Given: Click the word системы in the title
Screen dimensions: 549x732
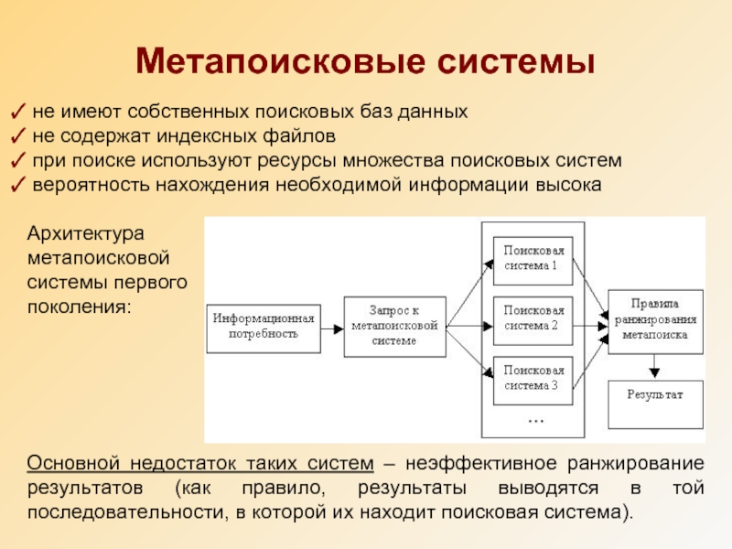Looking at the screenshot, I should point(515,62).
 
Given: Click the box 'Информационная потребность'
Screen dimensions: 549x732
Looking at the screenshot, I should point(264,327).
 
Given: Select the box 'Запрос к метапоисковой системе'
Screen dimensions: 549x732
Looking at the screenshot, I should point(394,326).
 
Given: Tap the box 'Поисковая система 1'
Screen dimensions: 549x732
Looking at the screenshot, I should point(533,258).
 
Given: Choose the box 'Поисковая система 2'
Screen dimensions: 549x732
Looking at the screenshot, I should point(533,318).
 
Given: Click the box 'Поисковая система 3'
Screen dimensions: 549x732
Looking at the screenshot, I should point(533,377).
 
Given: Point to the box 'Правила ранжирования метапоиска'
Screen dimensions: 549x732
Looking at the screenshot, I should point(655,318).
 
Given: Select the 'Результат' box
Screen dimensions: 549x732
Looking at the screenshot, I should point(655,402).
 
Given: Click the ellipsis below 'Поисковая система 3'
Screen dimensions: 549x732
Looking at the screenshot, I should point(535,420).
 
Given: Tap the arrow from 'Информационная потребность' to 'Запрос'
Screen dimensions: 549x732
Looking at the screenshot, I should point(333,327).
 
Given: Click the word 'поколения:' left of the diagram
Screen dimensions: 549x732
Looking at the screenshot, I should point(80,303).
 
